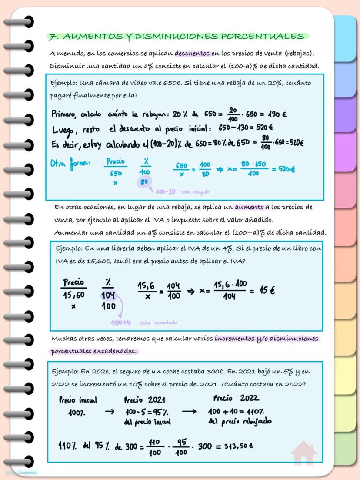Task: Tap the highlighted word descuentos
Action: (x=193, y=54)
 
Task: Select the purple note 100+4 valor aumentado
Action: (x=143, y=322)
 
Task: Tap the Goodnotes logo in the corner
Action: (x=22, y=472)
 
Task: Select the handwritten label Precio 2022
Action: (x=236, y=398)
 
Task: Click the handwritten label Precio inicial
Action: (x=77, y=400)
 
